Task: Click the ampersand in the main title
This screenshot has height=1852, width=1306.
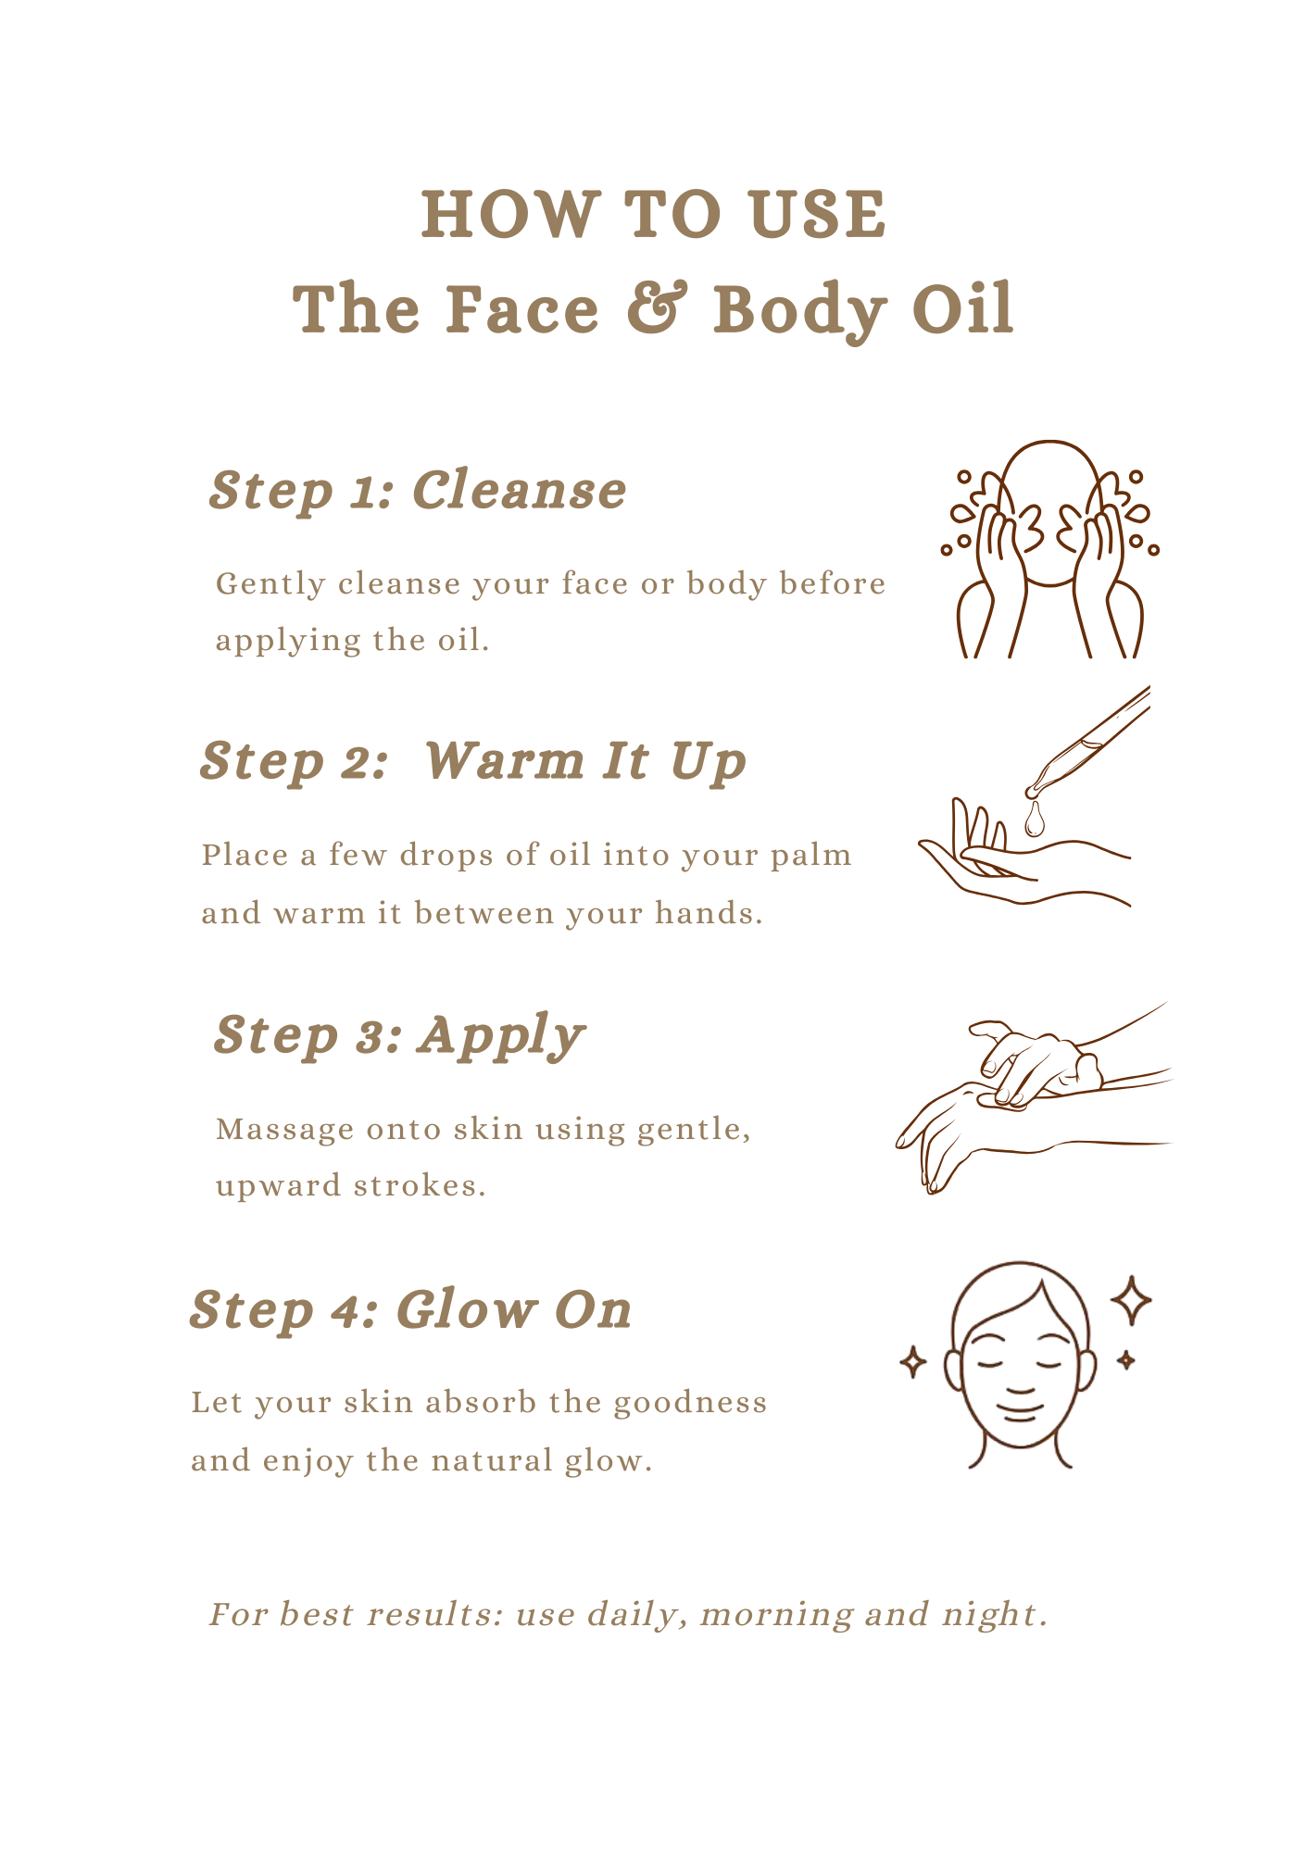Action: [658, 307]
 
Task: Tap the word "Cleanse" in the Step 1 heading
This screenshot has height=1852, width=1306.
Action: [520, 490]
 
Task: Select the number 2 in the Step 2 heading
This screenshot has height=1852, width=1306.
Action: [355, 762]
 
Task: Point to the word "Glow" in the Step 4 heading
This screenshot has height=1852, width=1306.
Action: [466, 1309]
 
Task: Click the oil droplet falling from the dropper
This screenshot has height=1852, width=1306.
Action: [1034, 820]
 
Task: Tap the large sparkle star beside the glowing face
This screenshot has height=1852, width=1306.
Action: [1131, 1301]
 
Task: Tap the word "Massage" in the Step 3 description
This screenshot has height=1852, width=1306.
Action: [284, 1131]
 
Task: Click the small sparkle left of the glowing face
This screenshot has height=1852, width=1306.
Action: [913, 1362]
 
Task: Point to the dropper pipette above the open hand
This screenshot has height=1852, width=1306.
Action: [1087, 742]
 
